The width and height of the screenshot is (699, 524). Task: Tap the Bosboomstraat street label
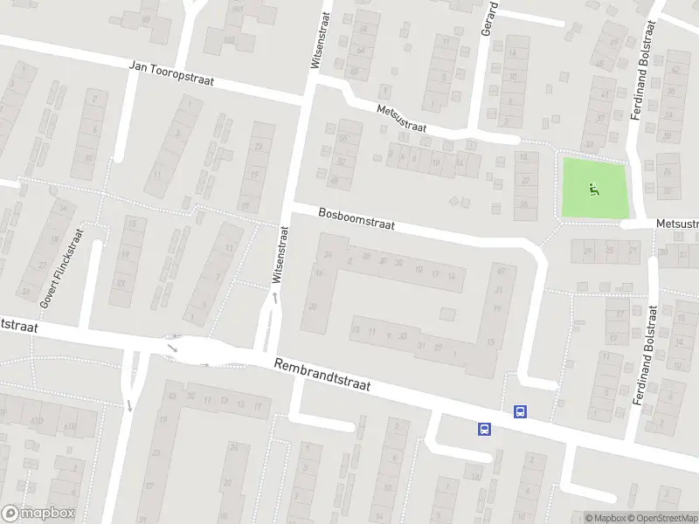pyautogui.click(x=356, y=218)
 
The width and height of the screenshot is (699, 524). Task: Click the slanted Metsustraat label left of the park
pyautogui.click(x=402, y=119)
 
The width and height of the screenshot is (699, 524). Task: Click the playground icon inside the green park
pyautogui.click(x=594, y=187)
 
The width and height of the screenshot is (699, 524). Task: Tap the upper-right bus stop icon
pyautogui.click(x=521, y=412)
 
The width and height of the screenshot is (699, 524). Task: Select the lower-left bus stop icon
pyautogui.click(x=483, y=429)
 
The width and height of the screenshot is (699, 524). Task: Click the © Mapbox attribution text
pyautogui.click(x=606, y=518)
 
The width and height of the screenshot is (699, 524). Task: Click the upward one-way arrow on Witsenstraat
pyautogui.click(x=276, y=298)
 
